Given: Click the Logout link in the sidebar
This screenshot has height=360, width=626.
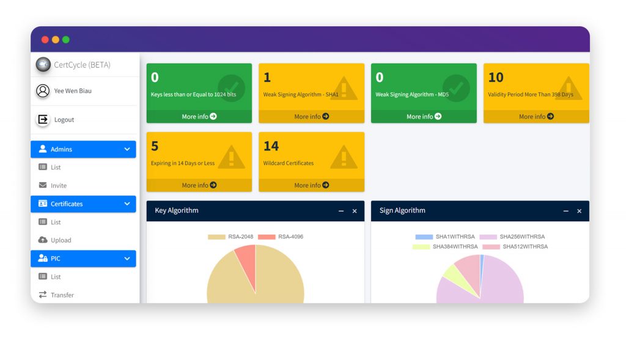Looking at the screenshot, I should pyautogui.click(x=64, y=120).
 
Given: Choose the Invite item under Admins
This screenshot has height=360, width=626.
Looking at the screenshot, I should pyautogui.click(x=59, y=186).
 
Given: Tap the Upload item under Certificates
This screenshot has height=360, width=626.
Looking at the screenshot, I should pyautogui.click(x=61, y=240).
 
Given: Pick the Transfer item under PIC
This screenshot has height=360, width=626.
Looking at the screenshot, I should pyautogui.click(x=62, y=295).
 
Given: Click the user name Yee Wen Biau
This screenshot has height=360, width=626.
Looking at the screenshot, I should pyautogui.click(x=73, y=91).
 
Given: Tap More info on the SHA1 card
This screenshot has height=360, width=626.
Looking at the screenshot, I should pyautogui.click(x=311, y=117).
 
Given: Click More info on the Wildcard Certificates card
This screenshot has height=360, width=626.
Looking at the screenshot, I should pyautogui.click(x=311, y=185).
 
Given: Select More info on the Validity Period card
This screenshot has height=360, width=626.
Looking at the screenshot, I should pyautogui.click(x=536, y=117).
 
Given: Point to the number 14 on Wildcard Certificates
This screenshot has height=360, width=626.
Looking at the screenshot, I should pyautogui.click(x=271, y=146).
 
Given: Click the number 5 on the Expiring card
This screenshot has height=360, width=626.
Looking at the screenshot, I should pyautogui.click(x=155, y=146).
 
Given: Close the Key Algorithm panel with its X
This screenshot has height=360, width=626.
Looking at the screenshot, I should pyautogui.click(x=355, y=211).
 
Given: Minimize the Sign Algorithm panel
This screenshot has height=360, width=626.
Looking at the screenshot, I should pyautogui.click(x=566, y=211).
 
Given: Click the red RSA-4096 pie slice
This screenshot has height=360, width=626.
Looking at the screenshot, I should pyautogui.click(x=246, y=259).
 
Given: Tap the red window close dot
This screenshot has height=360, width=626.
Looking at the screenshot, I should pyautogui.click(x=45, y=40).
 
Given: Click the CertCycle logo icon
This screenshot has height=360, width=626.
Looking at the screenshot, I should pyautogui.click(x=43, y=64).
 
